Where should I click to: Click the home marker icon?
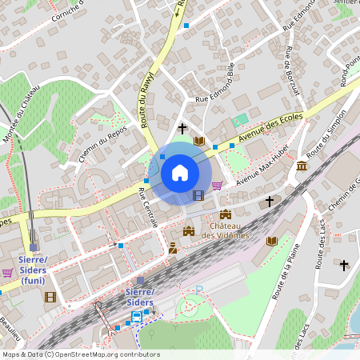click(180, 173)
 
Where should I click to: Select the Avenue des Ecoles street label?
click(270, 129)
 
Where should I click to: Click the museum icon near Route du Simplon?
click(301, 166)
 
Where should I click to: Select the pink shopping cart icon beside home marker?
click(216, 186)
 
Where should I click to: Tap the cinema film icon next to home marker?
click(198, 194)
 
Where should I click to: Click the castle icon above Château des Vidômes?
click(226, 214)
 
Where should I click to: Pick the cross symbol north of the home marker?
click(182, 128)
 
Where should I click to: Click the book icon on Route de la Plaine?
click(272, 241)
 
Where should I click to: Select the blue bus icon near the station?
click(137, 317)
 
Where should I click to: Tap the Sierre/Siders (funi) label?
click(34, 270)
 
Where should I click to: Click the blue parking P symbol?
click(200, 289)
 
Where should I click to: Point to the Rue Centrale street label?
click(148, 207)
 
